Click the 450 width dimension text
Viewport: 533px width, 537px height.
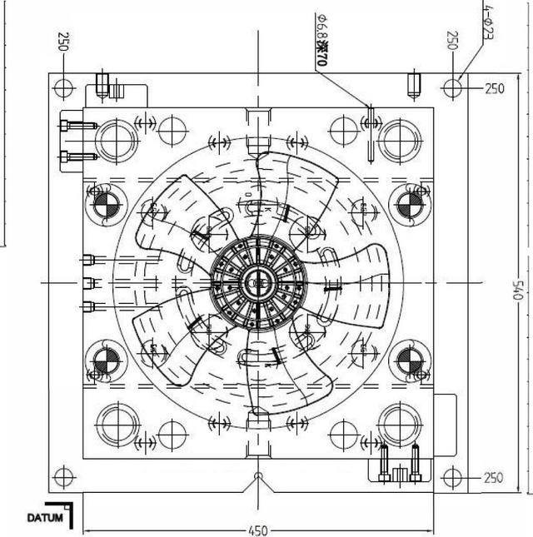(x=258, y=530)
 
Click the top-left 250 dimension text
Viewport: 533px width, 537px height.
(x=62, y=41)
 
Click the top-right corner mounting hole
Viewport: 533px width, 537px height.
(x=452, y=86)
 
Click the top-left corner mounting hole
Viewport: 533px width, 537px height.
(x=63, y=86)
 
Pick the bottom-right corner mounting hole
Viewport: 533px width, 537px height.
(x=452, y=478)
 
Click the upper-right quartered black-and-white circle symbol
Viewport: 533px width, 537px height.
(x=408, y=204)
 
